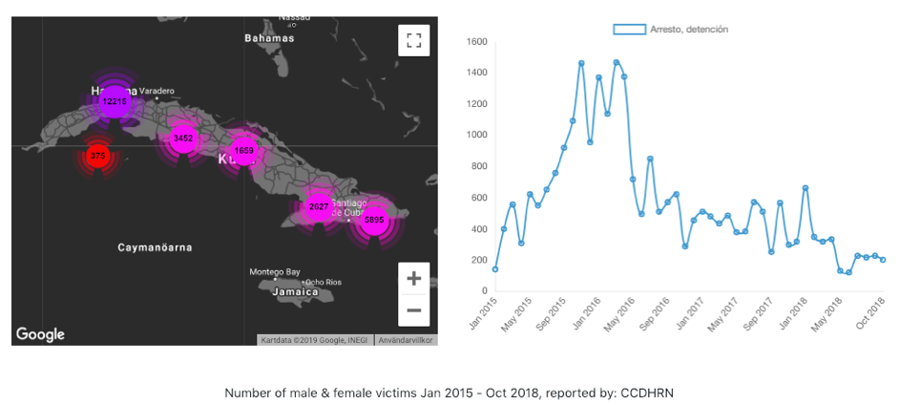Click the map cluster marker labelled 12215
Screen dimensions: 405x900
[x=114, y=101]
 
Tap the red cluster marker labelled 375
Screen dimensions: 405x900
[x=97, y=156]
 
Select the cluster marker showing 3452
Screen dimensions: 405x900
[x=182, y=139]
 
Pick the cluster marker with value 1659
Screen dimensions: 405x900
[x=244, y=151]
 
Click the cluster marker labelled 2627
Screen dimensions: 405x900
[x=318, y=206]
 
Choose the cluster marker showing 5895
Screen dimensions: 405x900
[x=374, y=220]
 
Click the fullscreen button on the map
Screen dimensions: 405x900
[x=413, y=40]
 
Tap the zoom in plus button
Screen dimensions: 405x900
[x=413, y=279]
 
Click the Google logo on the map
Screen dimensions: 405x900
[x=40, y=334]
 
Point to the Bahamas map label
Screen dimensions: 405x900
[x=269, y=39]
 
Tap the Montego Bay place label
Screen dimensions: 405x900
[x=275, y=271]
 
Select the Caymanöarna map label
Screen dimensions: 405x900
[x=155, y=247]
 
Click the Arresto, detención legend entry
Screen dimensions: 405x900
[x=670, y=30]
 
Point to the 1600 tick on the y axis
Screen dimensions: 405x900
[x=476, y=42]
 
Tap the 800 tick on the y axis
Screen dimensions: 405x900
[x=479, y=166]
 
